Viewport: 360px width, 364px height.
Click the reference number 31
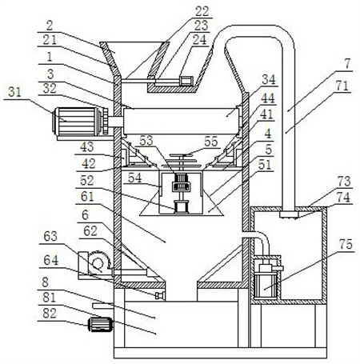[15, 92]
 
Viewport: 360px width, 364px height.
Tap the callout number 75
[346, 244]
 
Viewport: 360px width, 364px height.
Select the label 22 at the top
[202, 11]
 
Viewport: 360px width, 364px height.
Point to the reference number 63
[50, 236]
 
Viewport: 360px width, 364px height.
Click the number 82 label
[50, 314]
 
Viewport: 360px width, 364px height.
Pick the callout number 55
[211, 142]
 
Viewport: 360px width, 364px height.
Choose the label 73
[344, 182]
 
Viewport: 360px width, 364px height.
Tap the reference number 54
[134, 178]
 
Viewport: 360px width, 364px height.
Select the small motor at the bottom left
[100, 325]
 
